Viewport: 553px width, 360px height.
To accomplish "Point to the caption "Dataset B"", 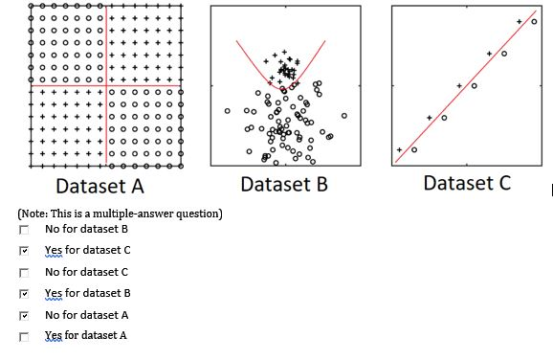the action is coord(284,184).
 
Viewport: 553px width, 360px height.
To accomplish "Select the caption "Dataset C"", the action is coord(467,182).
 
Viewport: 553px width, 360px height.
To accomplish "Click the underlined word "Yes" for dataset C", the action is coord(54,250).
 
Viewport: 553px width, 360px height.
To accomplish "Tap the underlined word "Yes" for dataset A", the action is coord(54,335).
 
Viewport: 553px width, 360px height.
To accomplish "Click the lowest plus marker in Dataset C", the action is coord(400,149).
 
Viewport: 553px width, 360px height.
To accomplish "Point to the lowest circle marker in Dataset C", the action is coord(414,150).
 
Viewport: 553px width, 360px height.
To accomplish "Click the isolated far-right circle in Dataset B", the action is coord(343,116).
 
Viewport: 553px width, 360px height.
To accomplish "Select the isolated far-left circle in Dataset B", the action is coord(228,111).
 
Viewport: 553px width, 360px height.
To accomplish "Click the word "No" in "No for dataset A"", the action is coord(52,314).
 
